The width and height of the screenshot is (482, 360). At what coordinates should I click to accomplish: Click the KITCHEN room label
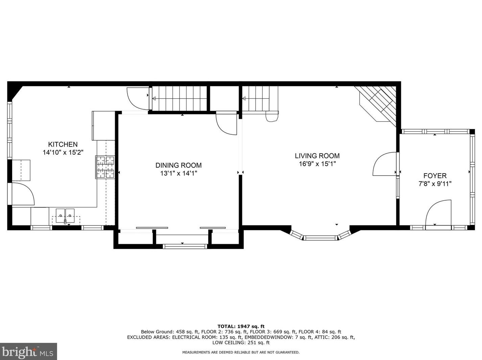click(x=63, y=144)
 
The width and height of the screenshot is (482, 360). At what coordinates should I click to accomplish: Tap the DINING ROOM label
click(x=178, y=165)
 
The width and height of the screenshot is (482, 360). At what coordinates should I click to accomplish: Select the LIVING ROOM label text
click(x=317, y=156)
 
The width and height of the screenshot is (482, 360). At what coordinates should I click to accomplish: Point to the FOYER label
click(x=435, y=176)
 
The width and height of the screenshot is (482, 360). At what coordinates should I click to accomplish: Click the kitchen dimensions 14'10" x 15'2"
click(x=63, y=152)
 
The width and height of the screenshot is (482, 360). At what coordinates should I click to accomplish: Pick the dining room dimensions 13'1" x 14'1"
click(x=178, y=173)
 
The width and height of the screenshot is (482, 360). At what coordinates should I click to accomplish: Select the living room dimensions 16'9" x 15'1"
click(x=317, y=164)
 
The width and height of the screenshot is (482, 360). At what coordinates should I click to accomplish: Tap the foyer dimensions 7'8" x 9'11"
click(x=435, y=184)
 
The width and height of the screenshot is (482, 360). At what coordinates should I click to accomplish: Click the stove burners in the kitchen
click(x=105, y=167)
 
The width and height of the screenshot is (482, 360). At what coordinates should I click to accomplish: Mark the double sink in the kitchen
click(x=65, y=216)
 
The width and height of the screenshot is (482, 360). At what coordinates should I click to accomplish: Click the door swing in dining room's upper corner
click(x=226, y=123)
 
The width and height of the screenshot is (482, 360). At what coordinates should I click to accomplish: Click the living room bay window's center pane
click(x=320, y=238)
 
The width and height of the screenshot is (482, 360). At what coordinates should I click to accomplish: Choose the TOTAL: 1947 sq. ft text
click(x=241, y=327)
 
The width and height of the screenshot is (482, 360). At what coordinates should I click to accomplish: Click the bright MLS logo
click(x=28, y=351)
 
